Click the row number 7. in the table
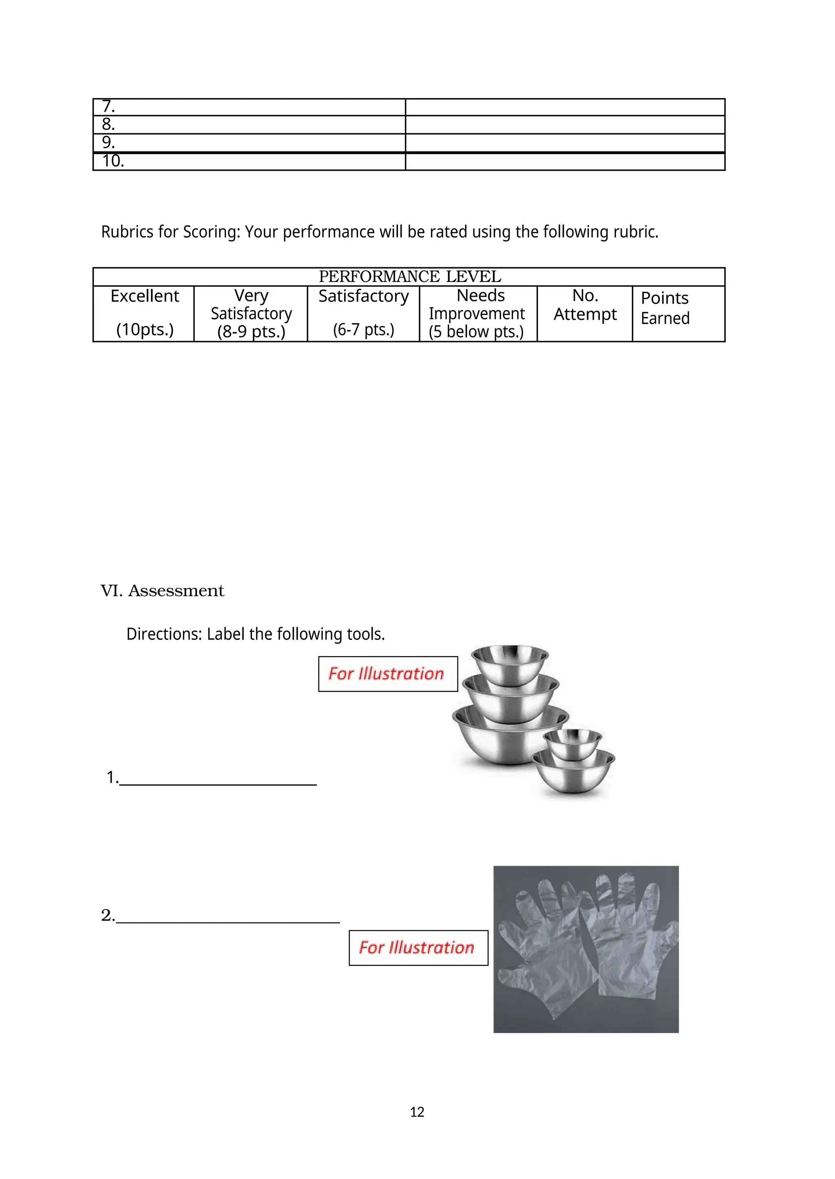click(x=108, y=106)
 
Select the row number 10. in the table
click(x=113, y=161)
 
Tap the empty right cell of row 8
click(x=565, y=125)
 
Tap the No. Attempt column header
click(x=585, y=305)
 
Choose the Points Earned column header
click(x=665, y=308)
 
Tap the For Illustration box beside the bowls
click(x=388, y=674)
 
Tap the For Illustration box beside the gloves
click(x=418, y=948)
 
